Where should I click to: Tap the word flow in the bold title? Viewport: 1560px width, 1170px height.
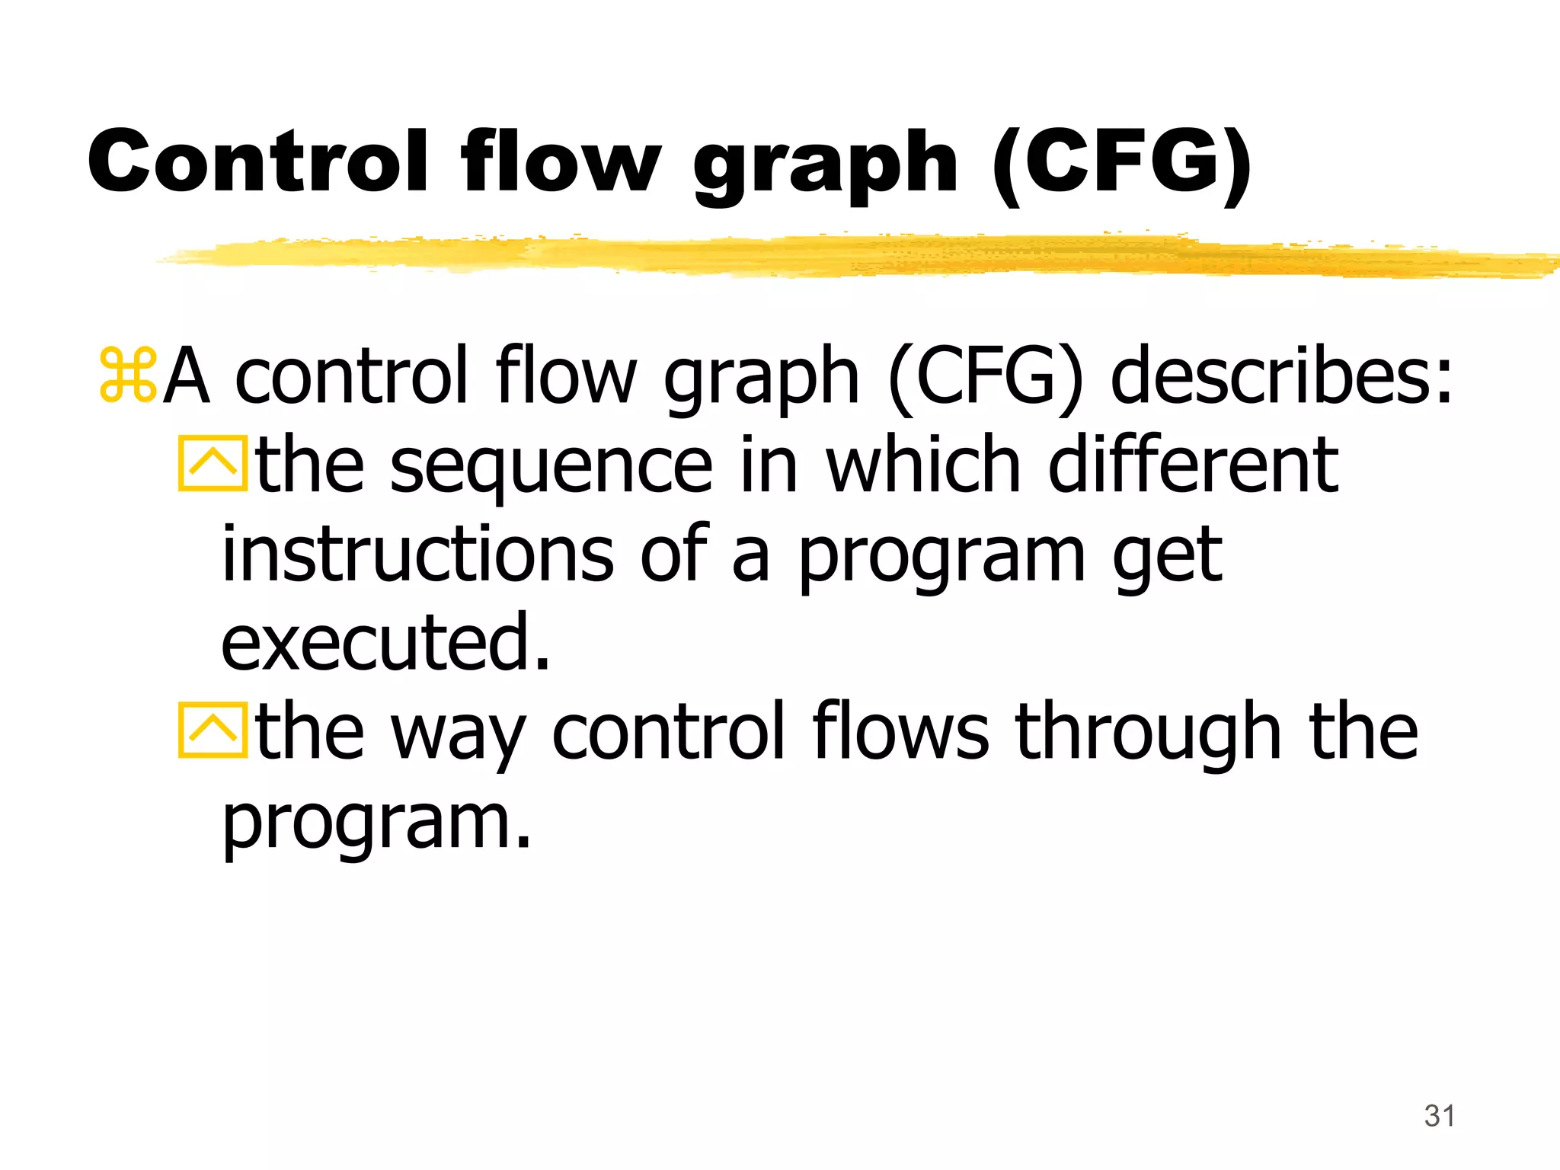tap(560, 161)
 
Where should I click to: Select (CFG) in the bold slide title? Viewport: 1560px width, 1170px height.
tap(1121, 161)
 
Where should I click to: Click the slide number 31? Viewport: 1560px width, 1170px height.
tap(1439, 1116)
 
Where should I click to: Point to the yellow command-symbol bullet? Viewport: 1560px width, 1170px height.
tap(127, 375)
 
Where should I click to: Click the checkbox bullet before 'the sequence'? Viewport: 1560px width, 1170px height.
tap(213, 463)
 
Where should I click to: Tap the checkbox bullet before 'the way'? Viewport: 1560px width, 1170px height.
tap(213, 730)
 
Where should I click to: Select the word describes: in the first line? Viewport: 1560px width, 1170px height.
tap(1282, 375)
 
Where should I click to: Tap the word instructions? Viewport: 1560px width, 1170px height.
tap(417, 554)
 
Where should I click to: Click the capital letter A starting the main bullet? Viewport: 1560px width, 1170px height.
tap(187, 375)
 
